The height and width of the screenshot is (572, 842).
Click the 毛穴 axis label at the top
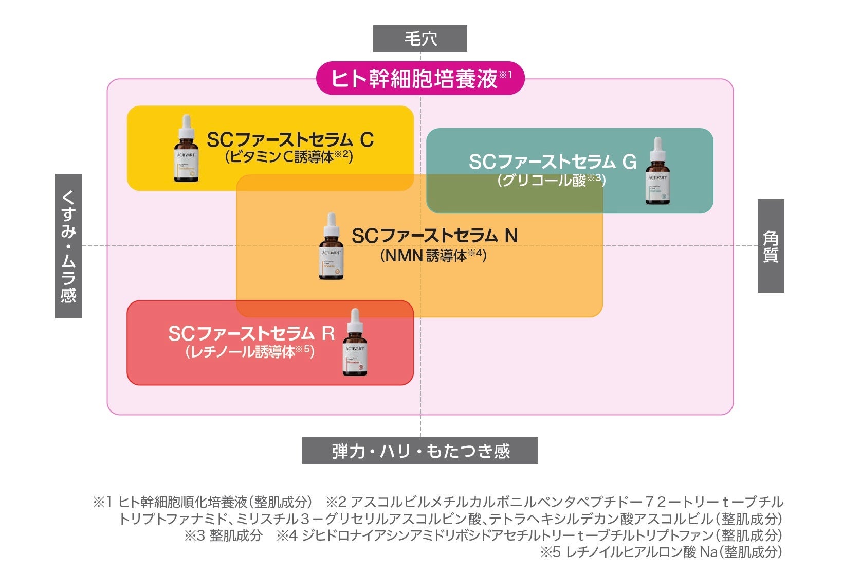click(x=420, y=39)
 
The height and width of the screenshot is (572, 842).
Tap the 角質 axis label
click(x=771, y=246)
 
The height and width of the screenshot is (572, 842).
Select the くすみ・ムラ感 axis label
click(x=68, y=246)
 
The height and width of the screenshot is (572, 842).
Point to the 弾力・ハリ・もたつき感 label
click(x=420, y=451)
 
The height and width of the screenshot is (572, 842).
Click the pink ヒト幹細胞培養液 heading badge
click(x=420, y=78)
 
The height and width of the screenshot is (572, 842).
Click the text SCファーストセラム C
click(x=290, y=140)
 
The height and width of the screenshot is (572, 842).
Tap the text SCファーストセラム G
click(x=552, y=162)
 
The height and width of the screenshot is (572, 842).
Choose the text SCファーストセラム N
click(x=434, y=236)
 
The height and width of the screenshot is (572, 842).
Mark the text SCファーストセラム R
click(x=251, y=334)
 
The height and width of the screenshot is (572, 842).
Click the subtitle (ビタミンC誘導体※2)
click(x=289, y=156)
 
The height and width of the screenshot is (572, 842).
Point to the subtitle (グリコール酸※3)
click(x=552, y=180)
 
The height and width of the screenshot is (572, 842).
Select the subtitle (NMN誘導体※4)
click(x=433, y=255)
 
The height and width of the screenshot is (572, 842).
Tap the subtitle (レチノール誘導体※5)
click(x=250, y=352)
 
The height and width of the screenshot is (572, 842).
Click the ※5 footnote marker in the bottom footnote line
click(x=550, y=552)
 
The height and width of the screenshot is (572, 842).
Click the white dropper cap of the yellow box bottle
click(x=186, y=123)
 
